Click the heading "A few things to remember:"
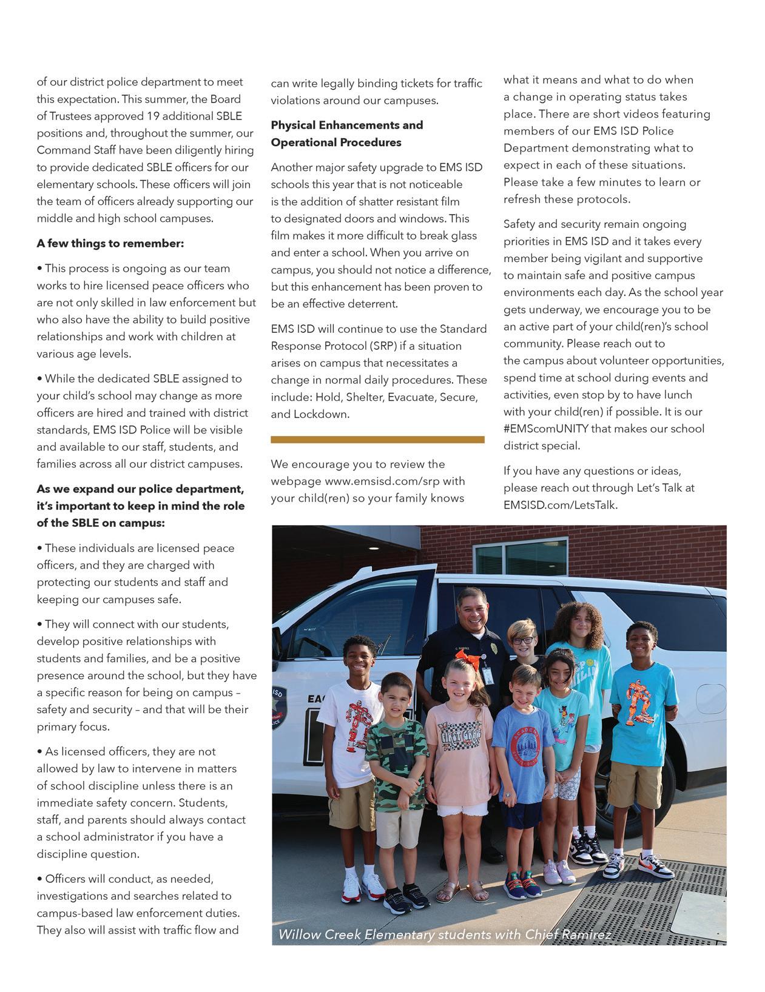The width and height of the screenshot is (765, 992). (110, 244)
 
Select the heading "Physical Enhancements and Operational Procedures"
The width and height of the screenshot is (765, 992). (346, 134)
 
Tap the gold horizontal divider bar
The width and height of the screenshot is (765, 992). (377, 440)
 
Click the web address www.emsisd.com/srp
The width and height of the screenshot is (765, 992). (395, 481)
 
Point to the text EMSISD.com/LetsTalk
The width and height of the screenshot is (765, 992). (560, 504)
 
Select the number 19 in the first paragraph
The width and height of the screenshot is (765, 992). (155, 116)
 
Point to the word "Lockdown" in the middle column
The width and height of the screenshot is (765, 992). (329, 415)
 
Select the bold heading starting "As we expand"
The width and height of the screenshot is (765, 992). (140, 506)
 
